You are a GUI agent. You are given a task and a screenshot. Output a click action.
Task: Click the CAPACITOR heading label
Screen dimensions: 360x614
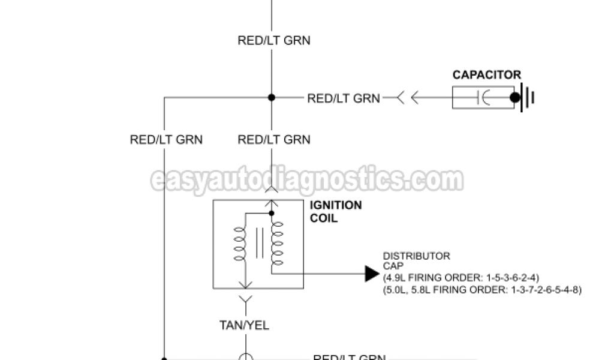(486, 75)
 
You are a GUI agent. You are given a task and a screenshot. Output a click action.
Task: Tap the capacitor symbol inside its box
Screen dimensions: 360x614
(483, 98)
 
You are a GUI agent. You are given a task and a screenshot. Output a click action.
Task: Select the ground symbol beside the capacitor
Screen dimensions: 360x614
(528, 98)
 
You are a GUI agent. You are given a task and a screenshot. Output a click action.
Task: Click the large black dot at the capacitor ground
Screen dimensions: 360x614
(515, 98)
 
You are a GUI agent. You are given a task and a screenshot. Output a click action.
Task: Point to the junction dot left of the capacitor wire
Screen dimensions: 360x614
(272, 98)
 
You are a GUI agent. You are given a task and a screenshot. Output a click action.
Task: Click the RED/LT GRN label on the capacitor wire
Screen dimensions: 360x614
(344, 98)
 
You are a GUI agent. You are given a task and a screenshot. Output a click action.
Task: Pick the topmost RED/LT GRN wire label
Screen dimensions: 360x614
(274, 41)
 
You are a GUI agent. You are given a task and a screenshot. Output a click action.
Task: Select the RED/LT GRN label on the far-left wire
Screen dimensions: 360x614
(166, 140)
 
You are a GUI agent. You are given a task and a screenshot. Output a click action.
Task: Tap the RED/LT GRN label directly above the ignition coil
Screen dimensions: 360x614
(274, 140)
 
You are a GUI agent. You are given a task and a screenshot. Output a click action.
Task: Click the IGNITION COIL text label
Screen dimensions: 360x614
(335, 211)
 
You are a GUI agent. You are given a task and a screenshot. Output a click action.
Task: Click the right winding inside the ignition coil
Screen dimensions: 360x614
(276, 243)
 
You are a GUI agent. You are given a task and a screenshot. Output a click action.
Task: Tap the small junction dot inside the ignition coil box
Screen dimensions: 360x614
(272, 212)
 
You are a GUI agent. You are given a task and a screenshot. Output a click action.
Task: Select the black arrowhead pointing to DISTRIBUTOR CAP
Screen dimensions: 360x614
(372, 274)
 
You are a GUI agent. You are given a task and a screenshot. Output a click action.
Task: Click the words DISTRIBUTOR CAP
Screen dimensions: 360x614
(416, 260)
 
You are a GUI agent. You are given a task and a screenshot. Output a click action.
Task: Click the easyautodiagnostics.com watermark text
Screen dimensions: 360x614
(307, 180)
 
